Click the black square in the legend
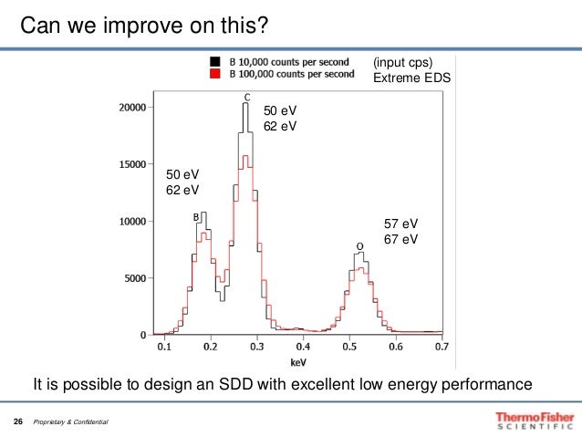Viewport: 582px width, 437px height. click(215, 61)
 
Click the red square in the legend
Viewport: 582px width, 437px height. click(215, 74)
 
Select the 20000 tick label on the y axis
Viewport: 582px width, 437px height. click(131, 108)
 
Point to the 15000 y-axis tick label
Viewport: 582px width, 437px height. click(131, 165)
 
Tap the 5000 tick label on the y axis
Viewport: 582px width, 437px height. click(134, 278)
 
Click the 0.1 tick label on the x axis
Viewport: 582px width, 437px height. click(164, 348)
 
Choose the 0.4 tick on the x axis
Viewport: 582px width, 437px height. click(303, 348)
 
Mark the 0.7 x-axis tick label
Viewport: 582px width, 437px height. click(442, 348)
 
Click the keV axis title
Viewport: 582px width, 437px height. click(303, 359)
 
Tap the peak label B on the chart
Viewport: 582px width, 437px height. click(195, 217)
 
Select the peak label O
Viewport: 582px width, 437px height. click(359, 246)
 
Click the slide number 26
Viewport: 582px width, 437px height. click(17, 422)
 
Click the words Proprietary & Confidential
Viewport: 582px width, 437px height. click(70, 423)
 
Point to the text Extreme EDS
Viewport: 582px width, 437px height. click(412, 77)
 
